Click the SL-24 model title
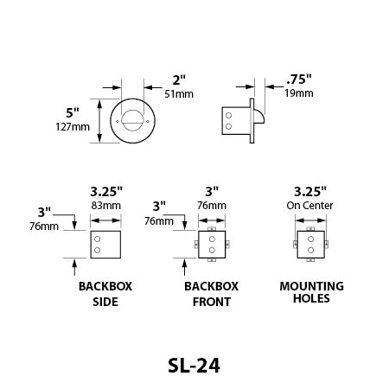(194, 365)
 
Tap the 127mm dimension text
(74, 127)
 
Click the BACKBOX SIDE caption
(98, 294)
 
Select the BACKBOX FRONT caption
(211, 294)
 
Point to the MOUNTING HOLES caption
(311, 294)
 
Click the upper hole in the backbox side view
(98, 239)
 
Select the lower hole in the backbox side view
(98, 251)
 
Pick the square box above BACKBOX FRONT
(212, 245)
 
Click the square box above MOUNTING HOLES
(310, 245)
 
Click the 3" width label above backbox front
(212, 191)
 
